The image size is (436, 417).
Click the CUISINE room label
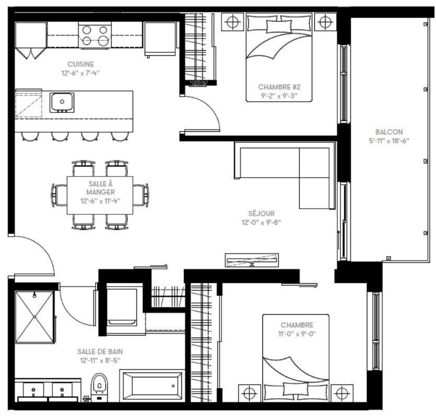pyautogui.click(x=80, y=64)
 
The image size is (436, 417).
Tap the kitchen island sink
pyautogui.click(x=62, y=102)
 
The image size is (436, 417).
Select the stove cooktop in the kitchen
pyautogui.click(x=96, y=35)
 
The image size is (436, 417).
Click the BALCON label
pyautogui.click(x=389, y=132)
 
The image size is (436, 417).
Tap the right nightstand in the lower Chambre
pyautogui.click(x=341, y=392)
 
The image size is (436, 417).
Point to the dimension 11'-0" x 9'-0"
pyautogui.click(x=297, y=333)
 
